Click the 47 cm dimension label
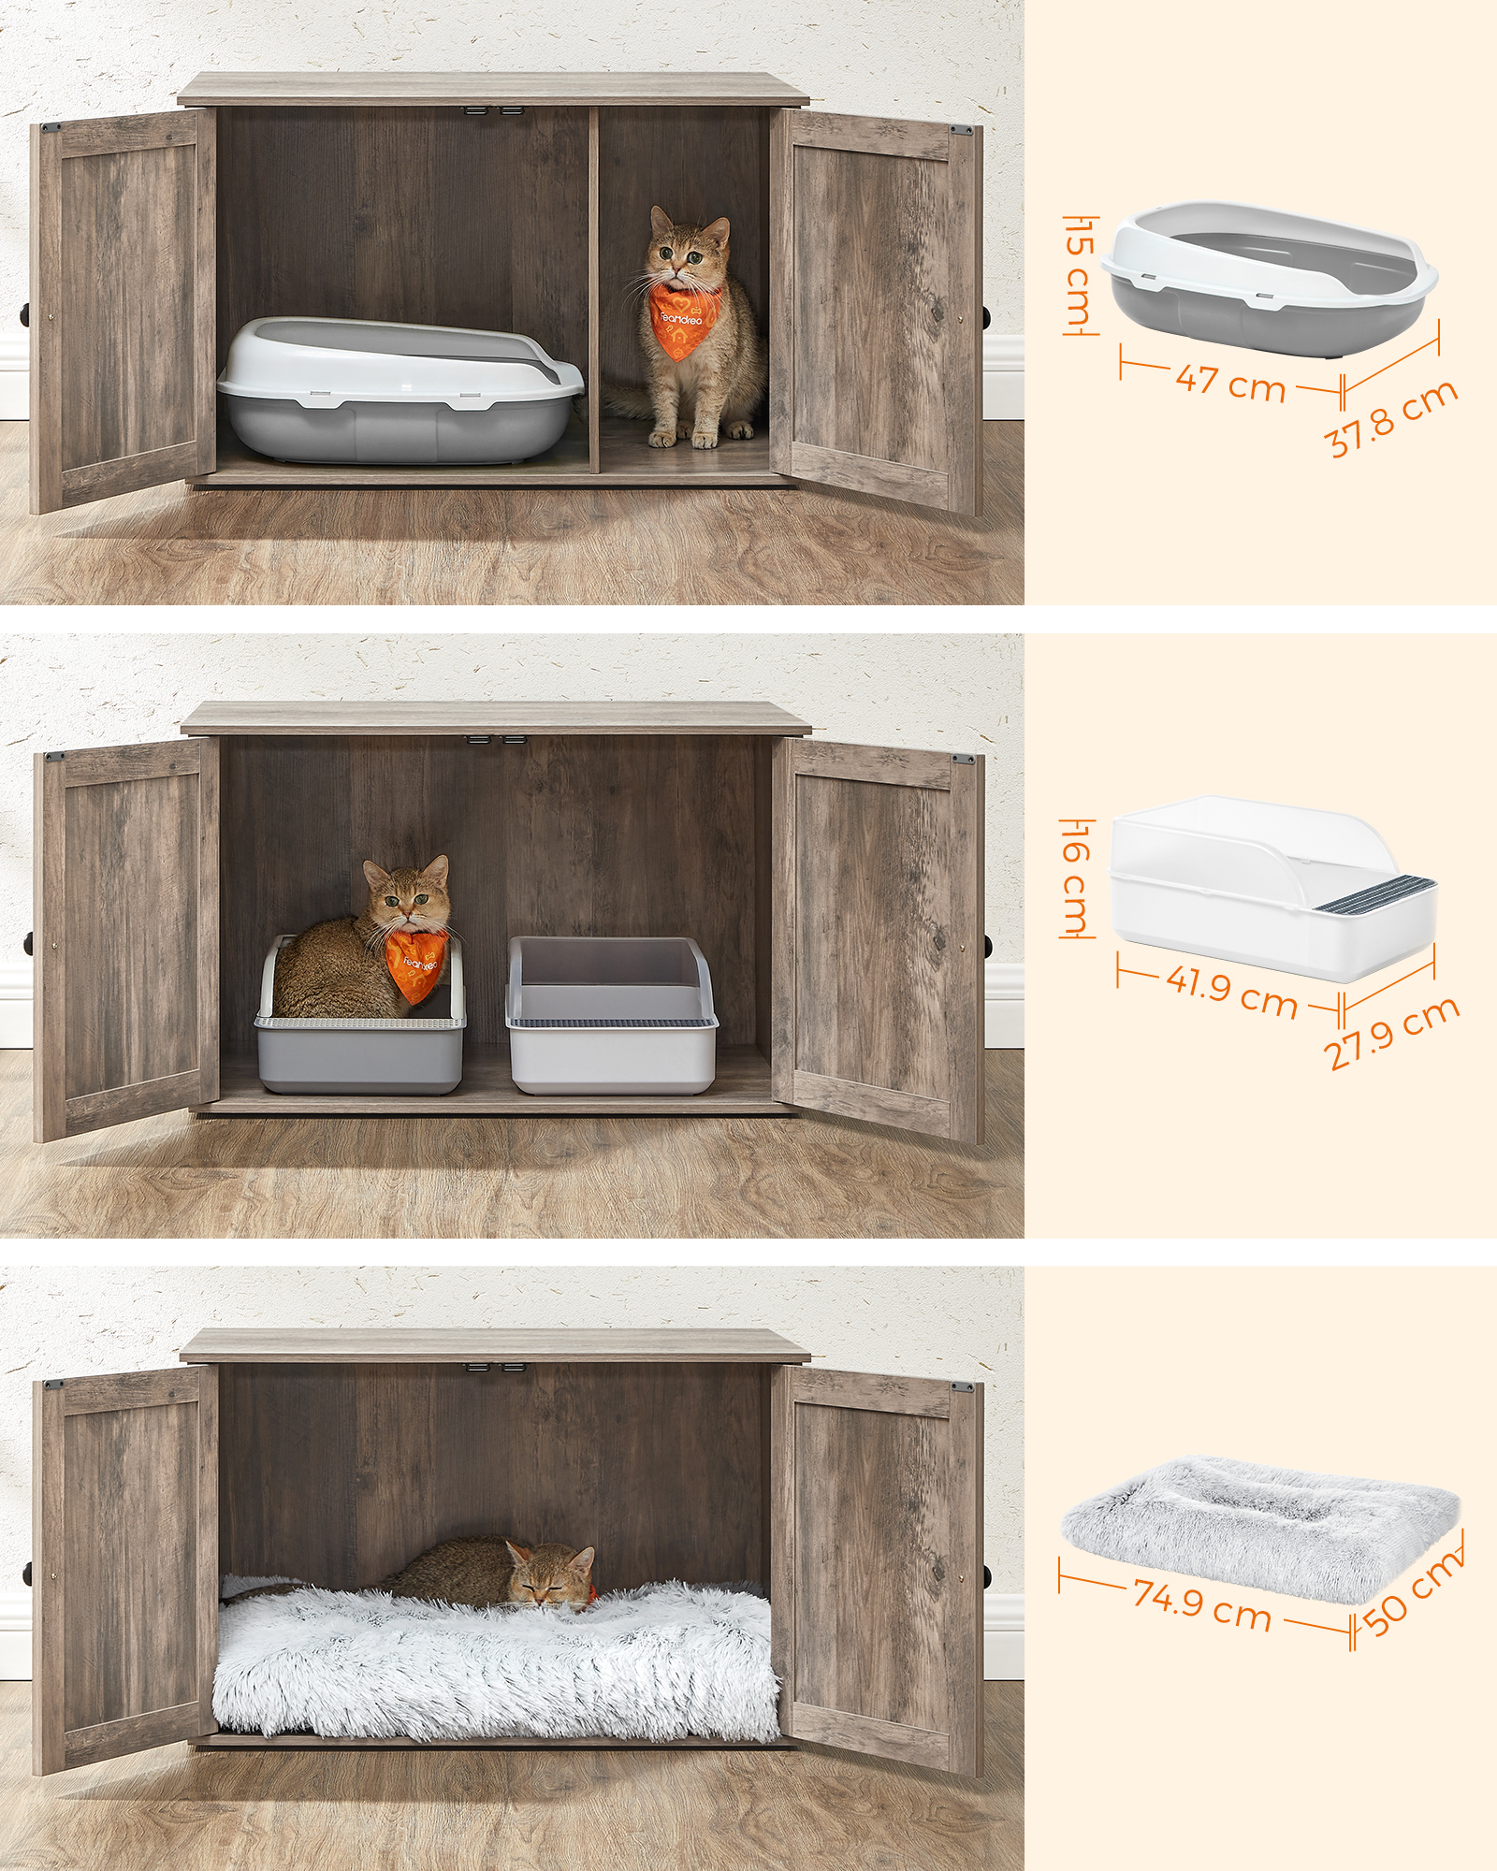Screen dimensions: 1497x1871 click(x=1230, y=382)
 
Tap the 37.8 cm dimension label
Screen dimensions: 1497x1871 click(x=1394, y=417)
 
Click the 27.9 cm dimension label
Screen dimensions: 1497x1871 click(x=1391, y=1033)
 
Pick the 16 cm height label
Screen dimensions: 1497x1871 click(x=1077, y=876)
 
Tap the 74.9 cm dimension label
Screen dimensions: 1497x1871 click(x=1202, y=1603)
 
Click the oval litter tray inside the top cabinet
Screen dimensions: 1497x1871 click(x=400, y=388)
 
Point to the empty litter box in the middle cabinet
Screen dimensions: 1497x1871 click(x=612, y=1014)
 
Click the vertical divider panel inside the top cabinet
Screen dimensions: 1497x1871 click(x=594, y=290)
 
